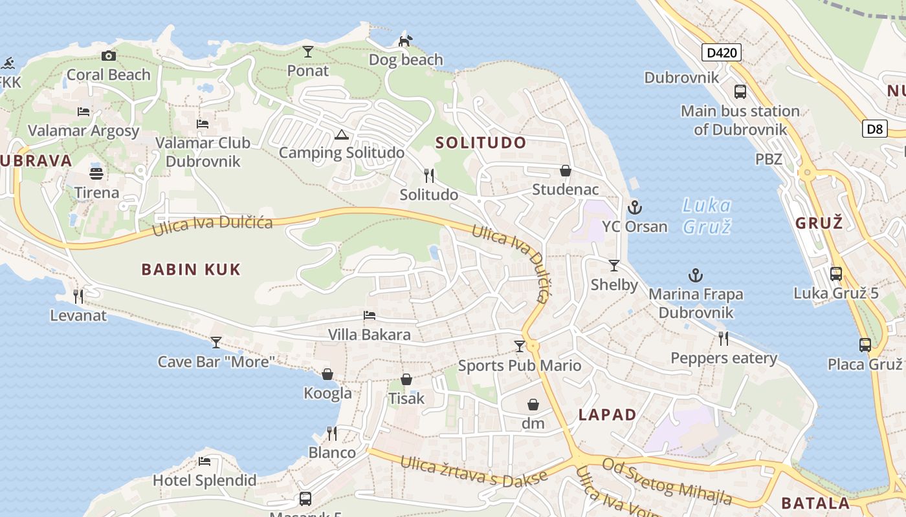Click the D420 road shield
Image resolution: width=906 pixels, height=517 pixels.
[722, 52]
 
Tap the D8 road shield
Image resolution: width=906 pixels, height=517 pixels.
[874, 129]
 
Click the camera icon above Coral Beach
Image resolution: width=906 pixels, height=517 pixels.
[109, 56]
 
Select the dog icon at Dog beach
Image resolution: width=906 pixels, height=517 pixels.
[405, 41]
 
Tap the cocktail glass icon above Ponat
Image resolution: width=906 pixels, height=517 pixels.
[308, 52]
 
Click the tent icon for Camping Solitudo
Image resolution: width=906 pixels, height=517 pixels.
[341, 134]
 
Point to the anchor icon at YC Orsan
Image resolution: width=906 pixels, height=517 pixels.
[634, 207]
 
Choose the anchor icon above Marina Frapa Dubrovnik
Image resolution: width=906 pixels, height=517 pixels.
[695, 275]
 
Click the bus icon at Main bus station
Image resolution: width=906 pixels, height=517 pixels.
[740, 92]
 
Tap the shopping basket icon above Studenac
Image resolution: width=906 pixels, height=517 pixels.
[565, 171]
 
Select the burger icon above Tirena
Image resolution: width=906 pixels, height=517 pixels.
[96, 173]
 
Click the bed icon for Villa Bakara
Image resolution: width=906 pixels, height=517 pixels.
[369, 315]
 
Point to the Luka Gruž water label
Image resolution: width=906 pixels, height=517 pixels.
[707, 216]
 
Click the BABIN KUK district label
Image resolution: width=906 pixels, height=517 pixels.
[191, 269]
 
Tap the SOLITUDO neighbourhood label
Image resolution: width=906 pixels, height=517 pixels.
[481, 143]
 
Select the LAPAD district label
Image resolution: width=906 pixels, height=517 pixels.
[607, 415]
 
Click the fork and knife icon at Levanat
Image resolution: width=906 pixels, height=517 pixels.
[78, 297]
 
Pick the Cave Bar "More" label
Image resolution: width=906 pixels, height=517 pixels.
[217, 361]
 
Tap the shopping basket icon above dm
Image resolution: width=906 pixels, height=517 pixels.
[533, 405]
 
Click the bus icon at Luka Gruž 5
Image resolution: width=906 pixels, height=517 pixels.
[836, 273]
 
